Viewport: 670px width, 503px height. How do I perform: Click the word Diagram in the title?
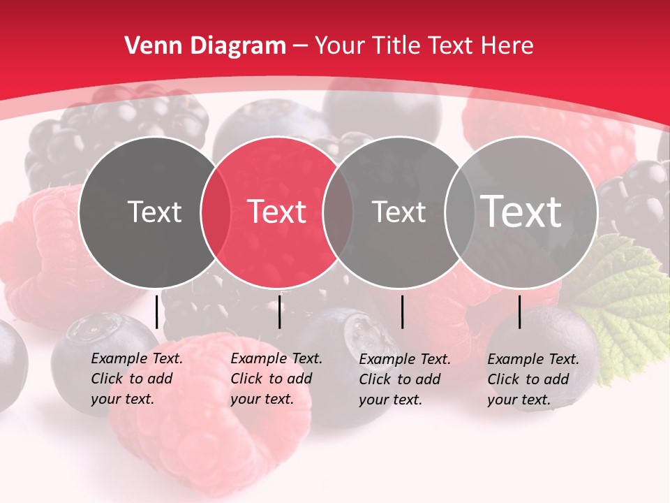[x=238, y=46]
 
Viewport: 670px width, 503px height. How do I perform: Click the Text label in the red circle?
[x=277, y=212]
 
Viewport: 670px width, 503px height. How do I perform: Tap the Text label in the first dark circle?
[x=154, y=212]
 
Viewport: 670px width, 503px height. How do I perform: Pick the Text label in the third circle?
[x=399, y=212]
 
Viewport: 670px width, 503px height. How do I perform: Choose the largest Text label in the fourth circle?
[x=521, y=212]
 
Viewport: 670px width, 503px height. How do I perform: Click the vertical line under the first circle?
[x=157, y=312]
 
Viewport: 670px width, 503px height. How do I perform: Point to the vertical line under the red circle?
[x=279, y=312]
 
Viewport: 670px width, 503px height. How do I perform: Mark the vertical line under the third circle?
[x=403, y=312]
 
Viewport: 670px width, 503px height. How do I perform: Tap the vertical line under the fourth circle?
[x=520, y=312]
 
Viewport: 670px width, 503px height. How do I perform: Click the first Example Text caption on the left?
[x=136, y=379]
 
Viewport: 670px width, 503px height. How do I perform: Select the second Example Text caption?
[x=276, y=379]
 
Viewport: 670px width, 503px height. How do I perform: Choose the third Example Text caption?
[x=404, y=379]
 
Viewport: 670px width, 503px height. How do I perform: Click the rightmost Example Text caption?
[x=533, y=379]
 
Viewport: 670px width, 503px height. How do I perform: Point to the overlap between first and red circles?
[x=216, y=212]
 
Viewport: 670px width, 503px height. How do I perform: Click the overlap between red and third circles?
[x=338, y=212]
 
